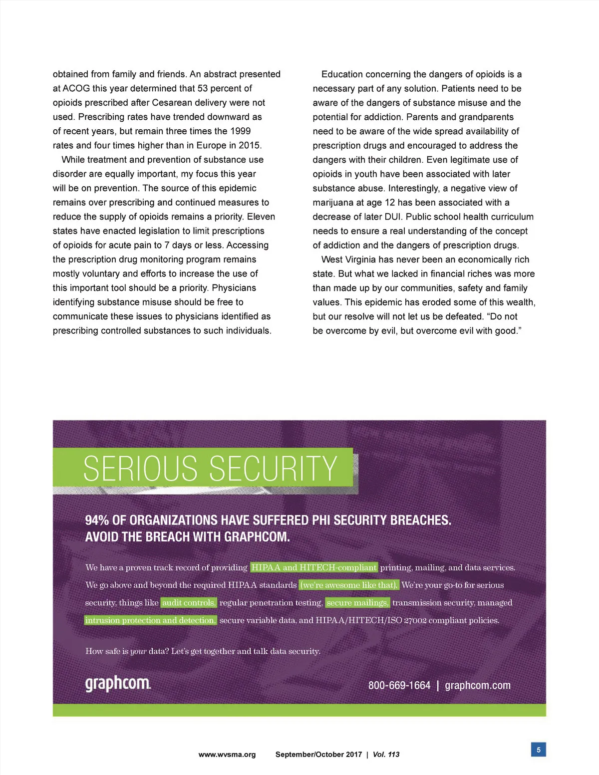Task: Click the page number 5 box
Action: click(x=538, y=750)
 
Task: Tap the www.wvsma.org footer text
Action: click(x=227, y=755)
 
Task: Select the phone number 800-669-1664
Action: click(x=399, y=685)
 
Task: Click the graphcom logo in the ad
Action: click(x=118, y=683)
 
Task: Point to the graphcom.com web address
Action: click(x=478, y=685)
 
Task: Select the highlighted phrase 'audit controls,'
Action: click(x=189, y=603)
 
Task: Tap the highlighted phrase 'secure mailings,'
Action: click(x=357, y=603)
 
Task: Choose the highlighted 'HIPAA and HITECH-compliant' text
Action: click(x=314, y=567)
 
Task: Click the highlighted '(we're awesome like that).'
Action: click(x=349, y=585)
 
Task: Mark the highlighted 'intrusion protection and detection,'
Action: click(x=150, y=620)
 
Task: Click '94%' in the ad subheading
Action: click(x=97, y=520)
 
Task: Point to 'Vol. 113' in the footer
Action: click(x=386, y=755)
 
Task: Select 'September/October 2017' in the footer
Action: click(x=318, y=755)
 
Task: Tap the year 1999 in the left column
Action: click(x=240, y=131)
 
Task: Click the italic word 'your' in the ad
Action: click(x=138, y=651)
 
